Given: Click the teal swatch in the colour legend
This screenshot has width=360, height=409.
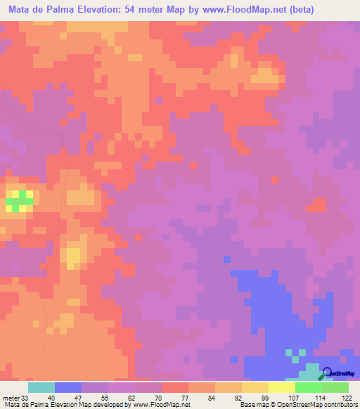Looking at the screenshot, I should click(41, 387).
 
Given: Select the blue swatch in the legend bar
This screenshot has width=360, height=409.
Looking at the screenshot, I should click(68, 387).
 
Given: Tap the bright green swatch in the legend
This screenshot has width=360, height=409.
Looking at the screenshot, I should click(308, 387).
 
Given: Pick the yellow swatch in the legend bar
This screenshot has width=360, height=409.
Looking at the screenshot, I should click(255, 387).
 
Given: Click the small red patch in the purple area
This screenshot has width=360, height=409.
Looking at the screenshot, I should click(319, 204).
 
